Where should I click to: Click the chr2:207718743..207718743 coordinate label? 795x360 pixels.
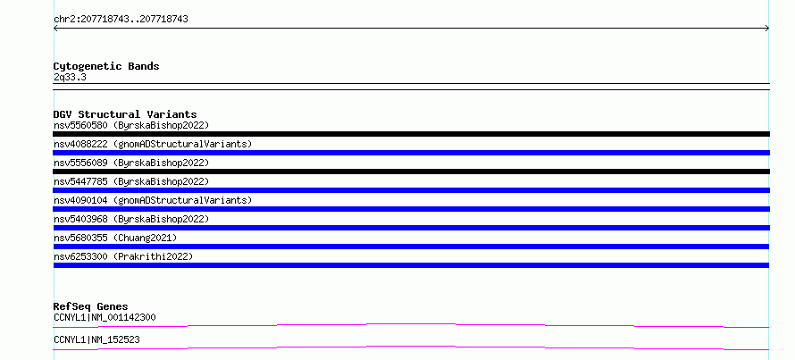121,20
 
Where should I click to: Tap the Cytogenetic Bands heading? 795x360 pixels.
106,66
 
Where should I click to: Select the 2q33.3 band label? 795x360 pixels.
70,77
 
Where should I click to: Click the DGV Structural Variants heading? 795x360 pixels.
125,114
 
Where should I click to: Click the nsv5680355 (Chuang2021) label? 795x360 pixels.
115,238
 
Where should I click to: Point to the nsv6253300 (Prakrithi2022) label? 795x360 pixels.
123,256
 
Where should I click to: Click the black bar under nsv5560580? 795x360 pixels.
411,134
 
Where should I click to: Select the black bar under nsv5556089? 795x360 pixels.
411,172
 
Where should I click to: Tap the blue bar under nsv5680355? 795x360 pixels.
411,247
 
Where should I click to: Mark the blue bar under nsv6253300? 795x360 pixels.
411,265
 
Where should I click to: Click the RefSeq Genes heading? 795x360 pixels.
91,306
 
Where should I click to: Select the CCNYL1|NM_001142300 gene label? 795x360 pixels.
105,318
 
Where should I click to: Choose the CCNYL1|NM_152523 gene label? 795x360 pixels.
96,339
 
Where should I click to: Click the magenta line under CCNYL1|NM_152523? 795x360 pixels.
411,347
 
